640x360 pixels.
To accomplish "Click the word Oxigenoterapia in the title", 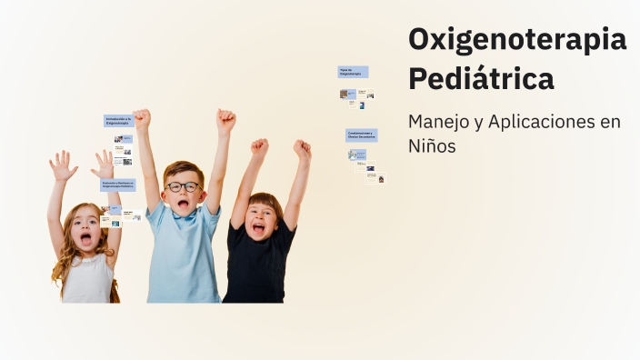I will pos(516,39).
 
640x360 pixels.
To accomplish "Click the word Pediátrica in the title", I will pos(481,79).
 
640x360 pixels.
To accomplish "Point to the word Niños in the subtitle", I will pos(432,145).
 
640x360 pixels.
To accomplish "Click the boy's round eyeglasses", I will pos(184,186).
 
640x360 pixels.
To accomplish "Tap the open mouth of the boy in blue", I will pos(184,204).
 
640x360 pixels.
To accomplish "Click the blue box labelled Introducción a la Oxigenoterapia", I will pos(118,121).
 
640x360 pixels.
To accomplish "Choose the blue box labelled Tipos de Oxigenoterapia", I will pos(353,71).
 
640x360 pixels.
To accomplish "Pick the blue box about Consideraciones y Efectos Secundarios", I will pos(361,135).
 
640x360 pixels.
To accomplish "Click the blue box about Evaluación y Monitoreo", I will pos(118,185).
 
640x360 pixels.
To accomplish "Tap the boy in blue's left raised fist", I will pos(142,119).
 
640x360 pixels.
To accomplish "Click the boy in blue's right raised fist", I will pos(225,119).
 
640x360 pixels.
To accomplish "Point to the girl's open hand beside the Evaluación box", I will pos(105,164).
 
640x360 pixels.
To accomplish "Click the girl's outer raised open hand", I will pos(62,165).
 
